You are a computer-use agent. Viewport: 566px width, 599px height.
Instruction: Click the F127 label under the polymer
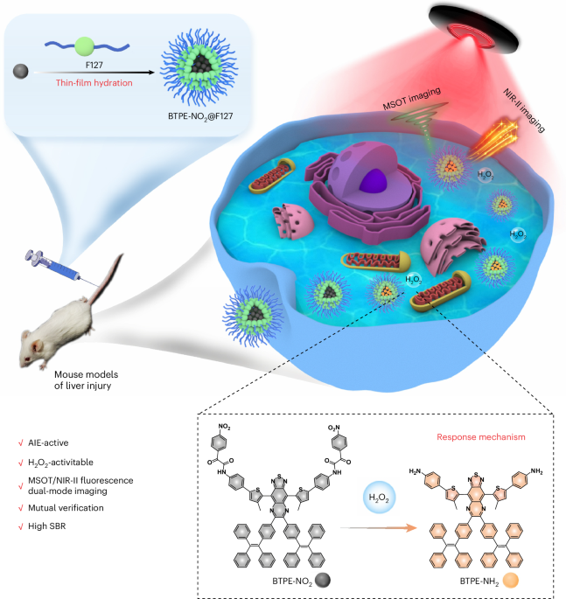click(94, 66)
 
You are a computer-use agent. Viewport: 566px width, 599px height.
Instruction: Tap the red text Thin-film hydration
click(94, 83)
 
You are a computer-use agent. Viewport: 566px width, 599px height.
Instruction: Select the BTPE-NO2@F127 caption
click(200, 116)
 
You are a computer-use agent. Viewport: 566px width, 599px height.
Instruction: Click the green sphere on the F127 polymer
click(85, 46)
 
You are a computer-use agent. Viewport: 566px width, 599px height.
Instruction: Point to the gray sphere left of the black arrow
click(21, 72)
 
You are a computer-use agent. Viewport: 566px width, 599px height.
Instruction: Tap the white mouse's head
click(31, 350)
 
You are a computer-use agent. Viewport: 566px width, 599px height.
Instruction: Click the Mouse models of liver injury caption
click(86, 380)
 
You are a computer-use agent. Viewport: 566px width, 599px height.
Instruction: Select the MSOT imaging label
click(412, 98)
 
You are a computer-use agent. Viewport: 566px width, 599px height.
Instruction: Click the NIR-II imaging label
click(524, 110)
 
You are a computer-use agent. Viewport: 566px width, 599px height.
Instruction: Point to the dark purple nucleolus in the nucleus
click(374, 181)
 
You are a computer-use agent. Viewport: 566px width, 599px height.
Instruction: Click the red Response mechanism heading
click(481, 437)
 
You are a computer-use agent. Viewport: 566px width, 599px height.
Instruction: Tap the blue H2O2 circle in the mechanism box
click(379, 498)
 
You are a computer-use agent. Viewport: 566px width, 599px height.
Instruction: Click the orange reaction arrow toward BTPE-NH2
click(378, 528)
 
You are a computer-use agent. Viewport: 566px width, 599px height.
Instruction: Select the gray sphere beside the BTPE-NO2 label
click(323, 581)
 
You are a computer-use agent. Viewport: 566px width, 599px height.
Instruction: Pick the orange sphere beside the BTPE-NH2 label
click(510, 581)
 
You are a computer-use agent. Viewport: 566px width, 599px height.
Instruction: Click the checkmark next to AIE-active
click(21, 443)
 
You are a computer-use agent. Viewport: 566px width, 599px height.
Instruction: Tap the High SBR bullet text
click(47, 526)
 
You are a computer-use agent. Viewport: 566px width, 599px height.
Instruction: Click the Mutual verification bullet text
click(66, 508)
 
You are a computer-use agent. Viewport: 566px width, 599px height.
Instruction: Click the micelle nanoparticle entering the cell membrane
click(254, 316)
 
